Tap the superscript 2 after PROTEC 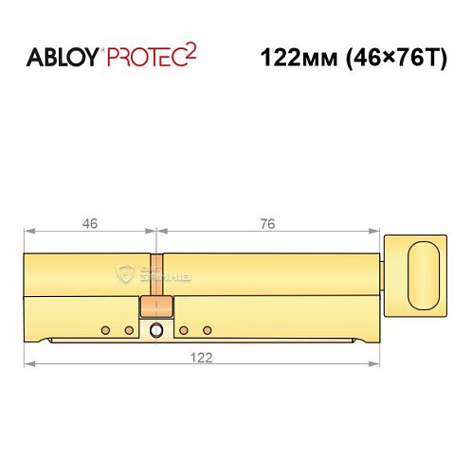[x=191, y=51]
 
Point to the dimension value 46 [x=91, y=224]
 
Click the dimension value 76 [x=267, y=224]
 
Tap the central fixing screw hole [x=156, y=330]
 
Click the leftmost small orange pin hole [x=105, y=330]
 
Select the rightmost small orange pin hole [x=206, y=330]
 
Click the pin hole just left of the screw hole [x=129, y=330]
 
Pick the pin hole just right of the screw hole [x=183, y=330]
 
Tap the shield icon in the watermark [x=126, y=274]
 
